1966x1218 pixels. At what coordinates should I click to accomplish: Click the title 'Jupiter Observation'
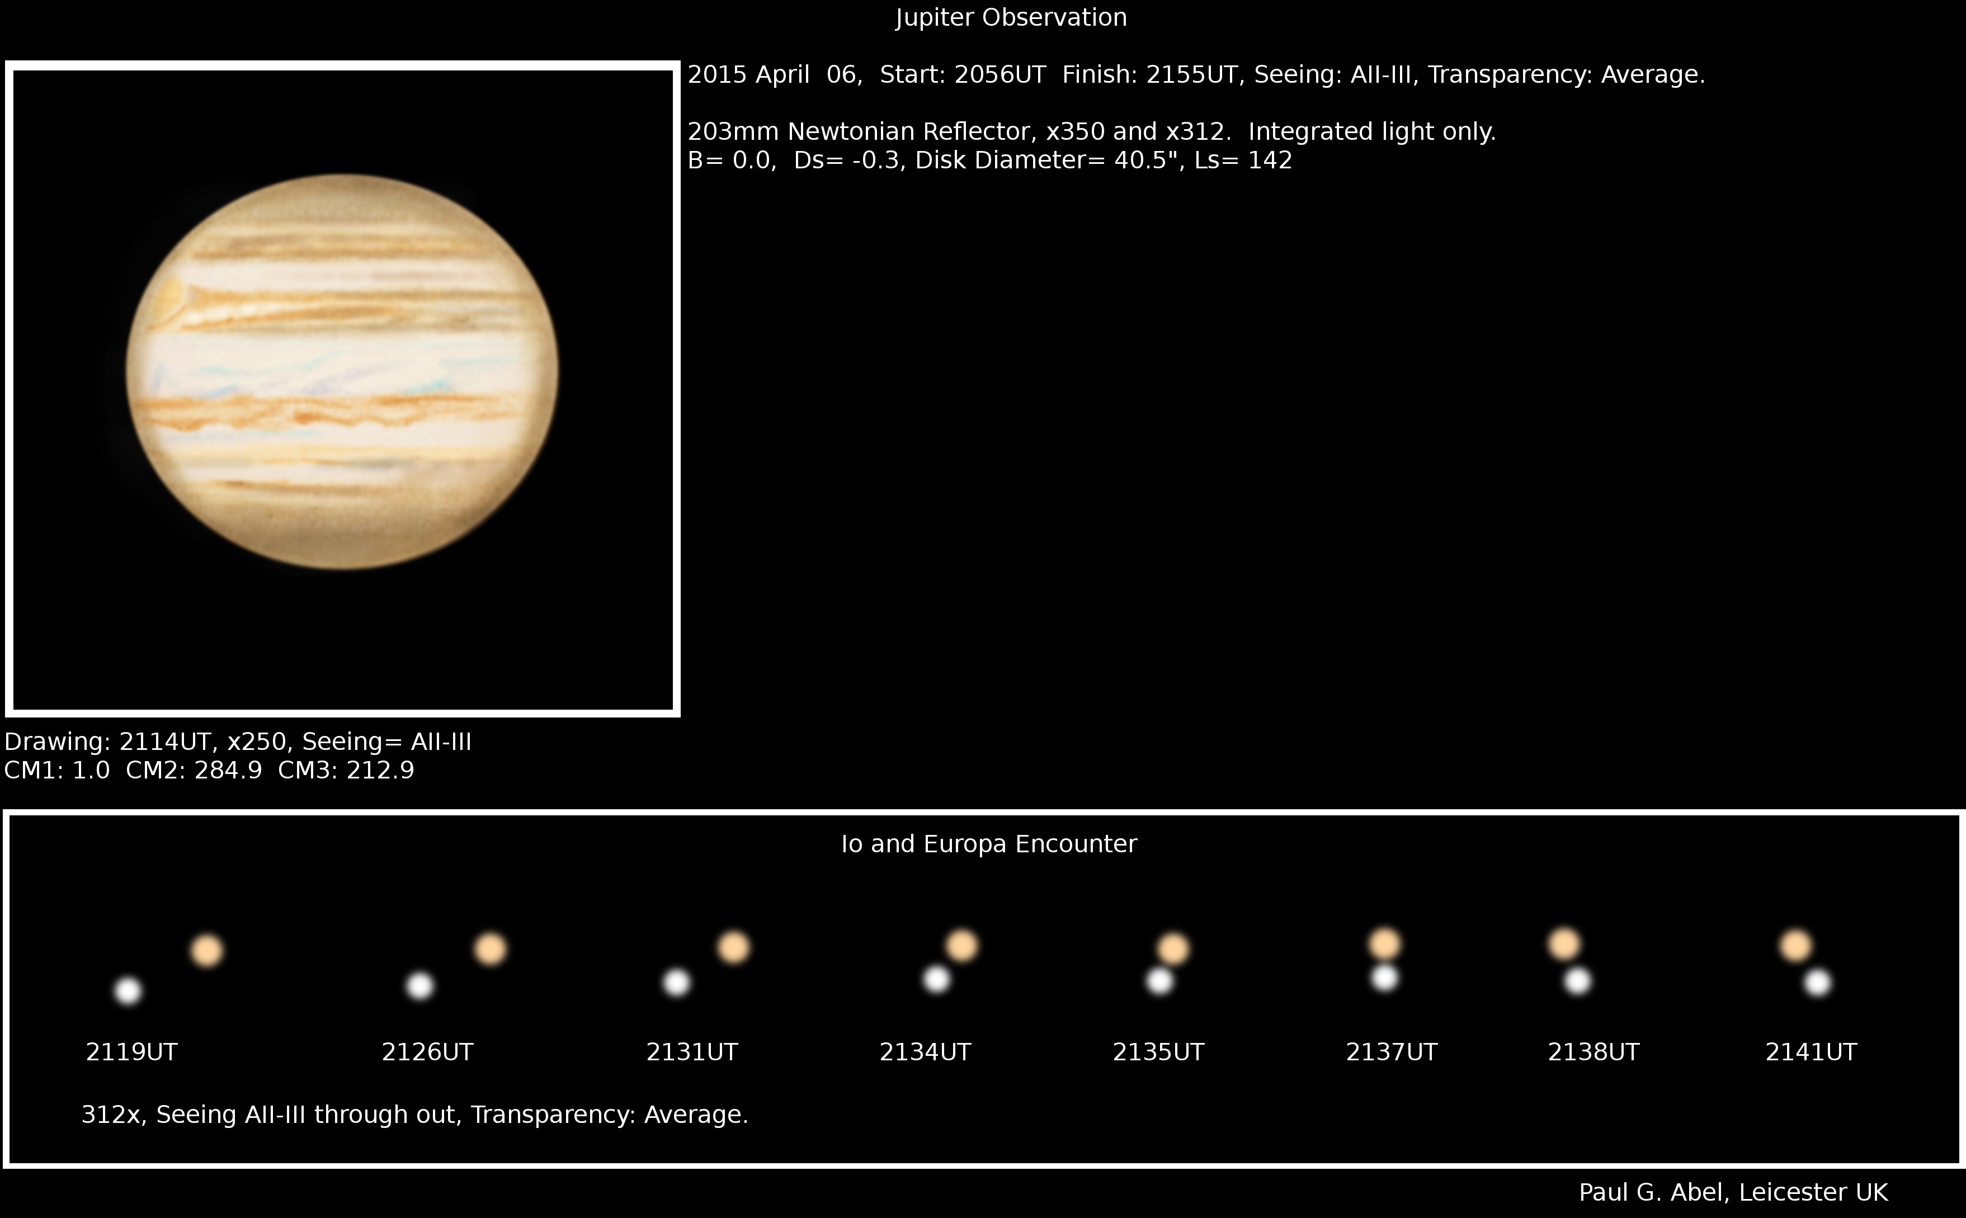tap(1011, 18)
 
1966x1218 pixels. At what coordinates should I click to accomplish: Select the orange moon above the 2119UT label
tap(207, 951)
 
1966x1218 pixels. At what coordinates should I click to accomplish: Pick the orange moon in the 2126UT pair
tap(490, 949)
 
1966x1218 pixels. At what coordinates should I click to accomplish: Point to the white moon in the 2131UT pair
tap(677, 983)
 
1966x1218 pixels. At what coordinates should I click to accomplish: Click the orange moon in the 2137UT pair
tap(1384, 943)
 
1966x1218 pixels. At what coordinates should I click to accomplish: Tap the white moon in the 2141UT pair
tap(1818, 983)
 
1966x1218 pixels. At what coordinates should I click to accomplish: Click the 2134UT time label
tap(925, 1052)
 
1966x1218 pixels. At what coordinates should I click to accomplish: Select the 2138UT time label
tap(1593, 1052)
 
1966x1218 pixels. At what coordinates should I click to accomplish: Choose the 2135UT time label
tap(1158, 1052)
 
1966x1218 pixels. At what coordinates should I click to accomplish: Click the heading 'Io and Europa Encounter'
tap(989, 844)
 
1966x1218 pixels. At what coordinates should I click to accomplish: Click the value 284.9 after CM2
tap(228, 771)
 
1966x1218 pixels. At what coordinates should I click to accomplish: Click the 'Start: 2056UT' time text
tap(963, 75)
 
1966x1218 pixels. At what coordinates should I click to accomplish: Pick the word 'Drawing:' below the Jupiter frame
tap(57, 743)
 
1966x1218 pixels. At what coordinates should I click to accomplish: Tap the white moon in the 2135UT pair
tap(1159, 980)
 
